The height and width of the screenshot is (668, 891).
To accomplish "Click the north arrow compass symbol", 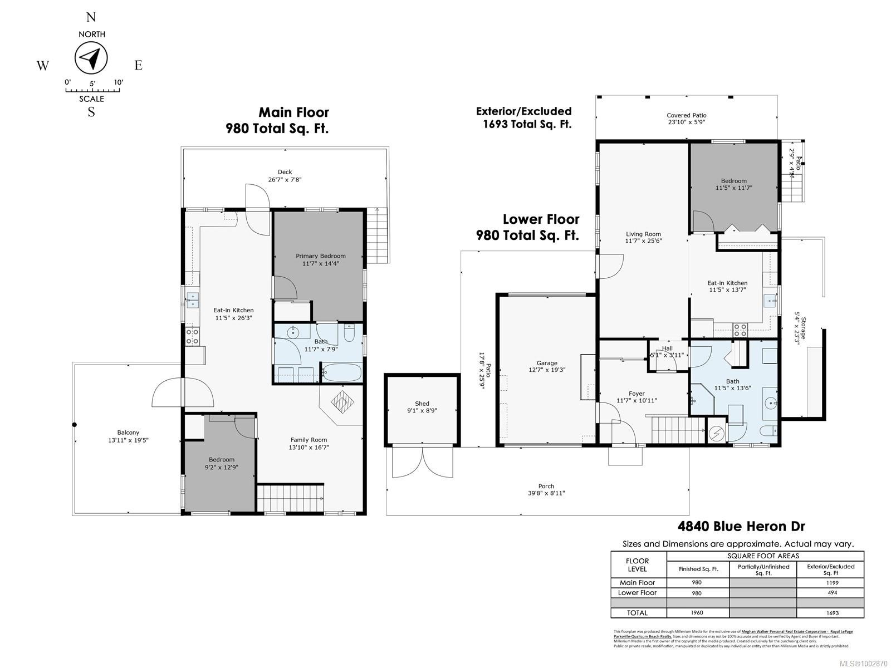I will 91,58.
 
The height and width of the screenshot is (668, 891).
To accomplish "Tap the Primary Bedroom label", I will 320,256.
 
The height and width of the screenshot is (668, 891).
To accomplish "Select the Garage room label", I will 546,363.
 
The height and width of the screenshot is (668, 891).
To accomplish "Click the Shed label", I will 422,404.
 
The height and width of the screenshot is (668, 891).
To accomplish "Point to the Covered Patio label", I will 686,115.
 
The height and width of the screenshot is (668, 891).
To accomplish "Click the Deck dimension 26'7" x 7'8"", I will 285,180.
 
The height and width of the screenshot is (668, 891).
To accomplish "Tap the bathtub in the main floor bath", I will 341,372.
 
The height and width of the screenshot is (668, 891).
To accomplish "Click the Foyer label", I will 637,394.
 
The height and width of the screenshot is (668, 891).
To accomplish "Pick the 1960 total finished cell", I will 697,613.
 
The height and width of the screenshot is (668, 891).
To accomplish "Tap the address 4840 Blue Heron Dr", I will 741,526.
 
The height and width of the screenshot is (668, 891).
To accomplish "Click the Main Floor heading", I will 293,113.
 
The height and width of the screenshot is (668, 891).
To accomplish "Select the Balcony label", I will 128,433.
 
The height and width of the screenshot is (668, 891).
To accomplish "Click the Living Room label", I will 643,234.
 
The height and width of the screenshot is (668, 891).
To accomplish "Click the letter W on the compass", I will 43,66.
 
